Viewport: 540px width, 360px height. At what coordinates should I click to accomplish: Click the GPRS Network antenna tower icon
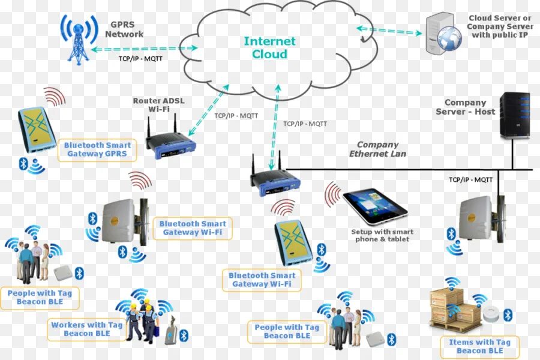click(x=79, y=39)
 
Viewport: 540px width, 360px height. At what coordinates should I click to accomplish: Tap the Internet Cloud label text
click(x=269, y=48)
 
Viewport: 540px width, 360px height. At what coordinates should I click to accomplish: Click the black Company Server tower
click(x=515, y=116)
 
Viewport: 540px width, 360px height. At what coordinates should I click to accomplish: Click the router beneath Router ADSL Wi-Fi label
click(x=171, y=144)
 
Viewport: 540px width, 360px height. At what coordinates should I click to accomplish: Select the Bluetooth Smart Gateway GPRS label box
click(x=97, y=150)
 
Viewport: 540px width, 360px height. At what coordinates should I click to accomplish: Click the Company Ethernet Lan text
click(x=377, y=149)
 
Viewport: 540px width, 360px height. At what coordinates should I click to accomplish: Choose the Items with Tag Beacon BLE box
click(x=479, y=346)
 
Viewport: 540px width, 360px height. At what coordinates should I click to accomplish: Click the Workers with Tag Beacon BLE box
click(x=86, y=329)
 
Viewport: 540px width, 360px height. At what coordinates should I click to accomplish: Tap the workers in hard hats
click(x=142, y=321)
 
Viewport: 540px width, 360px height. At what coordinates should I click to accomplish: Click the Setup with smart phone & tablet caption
click(x=382, y=235)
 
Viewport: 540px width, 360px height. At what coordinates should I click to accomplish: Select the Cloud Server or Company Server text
click(x=500, y=27)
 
